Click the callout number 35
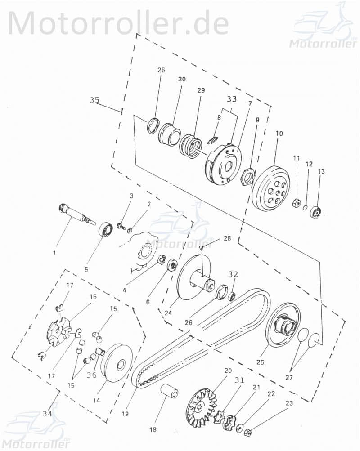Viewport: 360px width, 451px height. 94,100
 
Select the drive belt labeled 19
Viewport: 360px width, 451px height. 202,337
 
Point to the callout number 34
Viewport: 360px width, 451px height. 47,413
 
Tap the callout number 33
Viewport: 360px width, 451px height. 231,98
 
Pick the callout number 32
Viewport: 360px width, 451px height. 233,274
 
